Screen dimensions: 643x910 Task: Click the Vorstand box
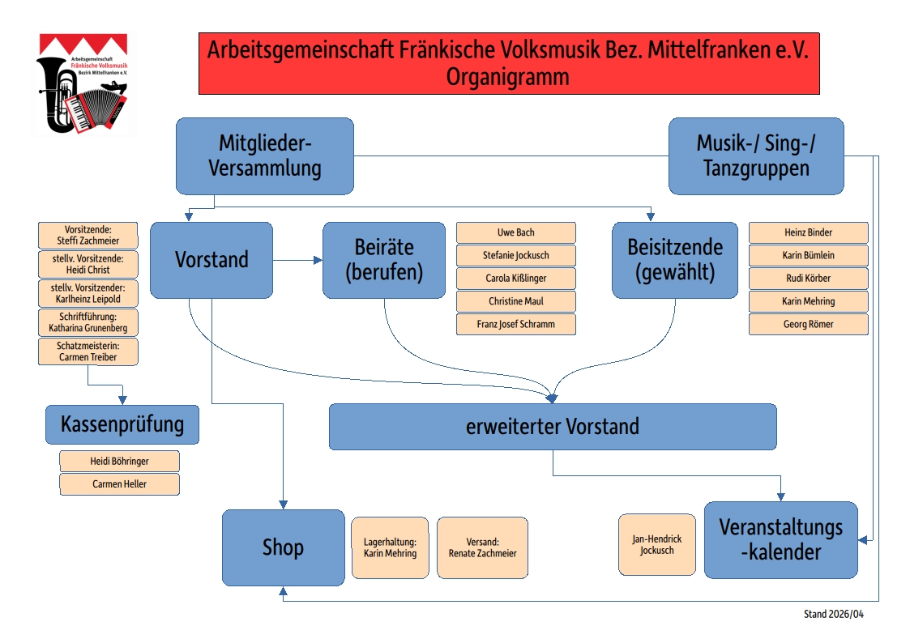(x=211, y=260)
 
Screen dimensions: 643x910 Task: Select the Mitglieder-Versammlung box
(x=265, y=156)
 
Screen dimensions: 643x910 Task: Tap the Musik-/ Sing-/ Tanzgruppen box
(x=756, y=156)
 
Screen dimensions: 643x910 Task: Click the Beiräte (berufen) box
(x=384, y=260)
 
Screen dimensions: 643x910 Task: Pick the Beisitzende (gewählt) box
(x=675, y=260)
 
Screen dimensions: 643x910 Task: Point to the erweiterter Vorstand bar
(x=553, y=427)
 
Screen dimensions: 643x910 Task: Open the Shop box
(x=283, y=547)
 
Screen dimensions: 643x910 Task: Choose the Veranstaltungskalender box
(x=780, y=539)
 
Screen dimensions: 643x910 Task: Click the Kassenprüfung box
(x=122, y=424)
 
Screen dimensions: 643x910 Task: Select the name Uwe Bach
(x=516, y=232)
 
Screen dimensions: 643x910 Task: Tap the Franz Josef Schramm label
(x=516, y=324)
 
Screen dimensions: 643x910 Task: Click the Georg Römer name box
(x=808, y=324)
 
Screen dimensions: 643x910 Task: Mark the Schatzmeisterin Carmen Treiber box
(x=88, y=351)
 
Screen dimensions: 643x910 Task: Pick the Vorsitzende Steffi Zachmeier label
(x=88, y=236)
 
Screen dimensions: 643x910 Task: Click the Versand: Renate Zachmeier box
(x=482, y=547)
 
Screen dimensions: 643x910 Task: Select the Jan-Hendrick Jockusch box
(x=656, y=544)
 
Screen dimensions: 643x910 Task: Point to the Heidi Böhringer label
(x=119, y=462)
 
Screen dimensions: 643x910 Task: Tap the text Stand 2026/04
(x=834, y=615)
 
